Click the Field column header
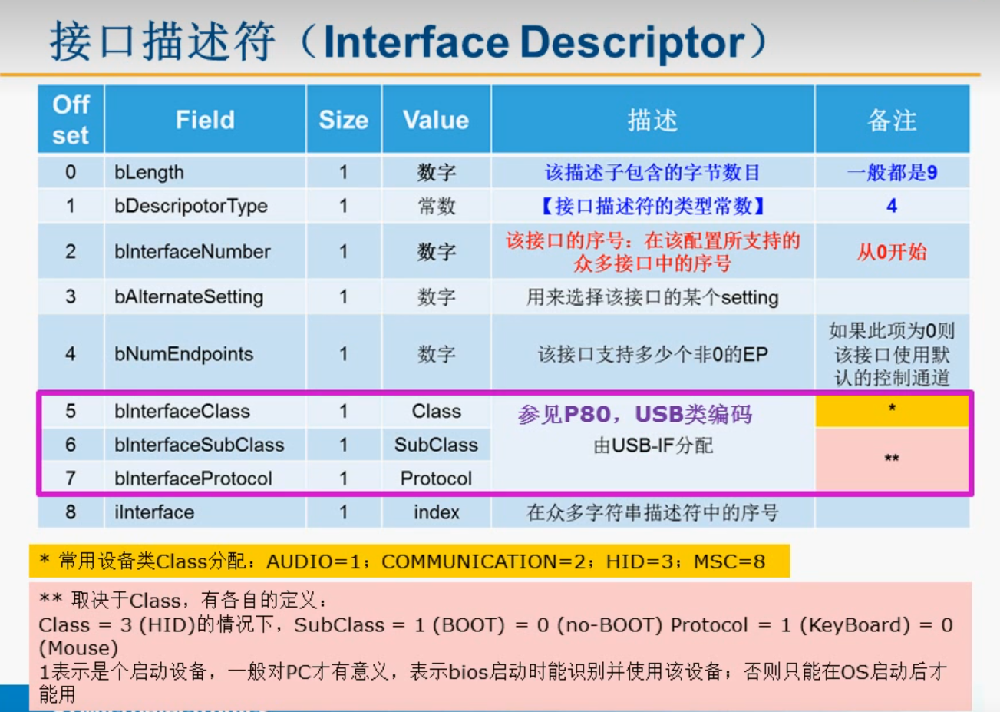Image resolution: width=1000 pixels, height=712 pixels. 205,120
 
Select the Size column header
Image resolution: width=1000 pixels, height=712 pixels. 343,120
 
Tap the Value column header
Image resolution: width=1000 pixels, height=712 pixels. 436,120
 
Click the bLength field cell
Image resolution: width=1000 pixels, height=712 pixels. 149,172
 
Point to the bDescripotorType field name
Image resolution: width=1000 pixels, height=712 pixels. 191,206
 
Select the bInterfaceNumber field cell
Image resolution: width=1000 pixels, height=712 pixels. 193,251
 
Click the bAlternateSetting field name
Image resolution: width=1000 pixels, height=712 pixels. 189,297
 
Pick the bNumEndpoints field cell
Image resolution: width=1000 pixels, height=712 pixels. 184,354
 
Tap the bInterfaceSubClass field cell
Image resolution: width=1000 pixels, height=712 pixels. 199,445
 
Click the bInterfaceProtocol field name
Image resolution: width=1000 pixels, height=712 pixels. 193,479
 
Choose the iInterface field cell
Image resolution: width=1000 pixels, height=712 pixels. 154,512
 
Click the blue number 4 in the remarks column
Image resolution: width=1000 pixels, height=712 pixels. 892,206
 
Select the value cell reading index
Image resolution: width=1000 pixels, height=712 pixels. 436,512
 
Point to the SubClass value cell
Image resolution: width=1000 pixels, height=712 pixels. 436,445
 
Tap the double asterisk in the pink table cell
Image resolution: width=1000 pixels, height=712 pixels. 892,459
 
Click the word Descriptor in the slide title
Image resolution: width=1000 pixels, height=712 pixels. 633,43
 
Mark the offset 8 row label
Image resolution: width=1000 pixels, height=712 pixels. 71,512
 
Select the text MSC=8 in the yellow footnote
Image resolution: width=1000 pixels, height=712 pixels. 729,561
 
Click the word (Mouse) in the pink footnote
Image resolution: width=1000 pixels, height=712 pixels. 78,648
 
